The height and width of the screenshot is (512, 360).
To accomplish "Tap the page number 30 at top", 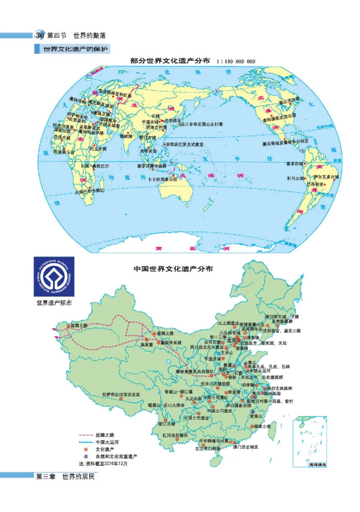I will pos(39,35).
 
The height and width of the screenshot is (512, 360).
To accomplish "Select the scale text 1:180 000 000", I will pos(236,62).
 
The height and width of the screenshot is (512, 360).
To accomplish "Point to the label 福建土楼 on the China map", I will pos(261,426).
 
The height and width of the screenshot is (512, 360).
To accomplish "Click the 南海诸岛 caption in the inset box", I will pos(310,463).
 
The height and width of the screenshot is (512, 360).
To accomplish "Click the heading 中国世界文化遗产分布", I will pos(174,269).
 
